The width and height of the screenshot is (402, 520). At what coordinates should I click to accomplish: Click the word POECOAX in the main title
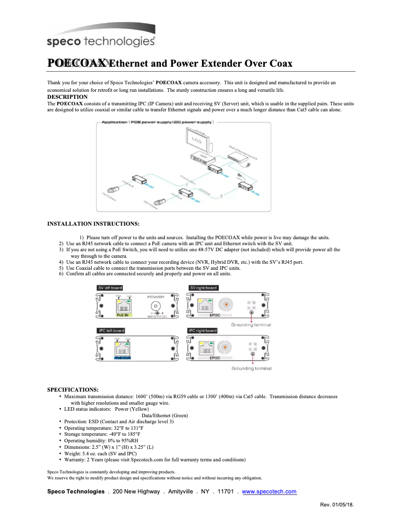point(77,63)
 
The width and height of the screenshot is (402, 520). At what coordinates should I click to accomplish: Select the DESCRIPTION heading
point(67,97)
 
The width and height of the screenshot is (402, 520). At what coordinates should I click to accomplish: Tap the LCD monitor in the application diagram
point(197,140)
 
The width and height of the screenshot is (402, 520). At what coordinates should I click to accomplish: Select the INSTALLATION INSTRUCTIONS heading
point(93,223)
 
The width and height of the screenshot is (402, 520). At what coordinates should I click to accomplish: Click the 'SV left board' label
point(110,288)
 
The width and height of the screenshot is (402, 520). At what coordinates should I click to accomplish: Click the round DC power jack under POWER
point(156,305)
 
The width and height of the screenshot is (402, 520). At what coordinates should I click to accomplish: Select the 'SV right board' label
point(203,288)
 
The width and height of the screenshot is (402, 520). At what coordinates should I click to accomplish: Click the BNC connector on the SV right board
point(227,304)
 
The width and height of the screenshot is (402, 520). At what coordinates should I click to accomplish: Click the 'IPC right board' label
point(203,330)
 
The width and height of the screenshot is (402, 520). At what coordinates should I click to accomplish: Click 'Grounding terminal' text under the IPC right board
point(251,369)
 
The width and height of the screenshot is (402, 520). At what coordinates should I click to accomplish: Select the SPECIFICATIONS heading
point(73,390)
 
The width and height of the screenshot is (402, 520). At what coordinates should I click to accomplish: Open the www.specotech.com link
point(269,492)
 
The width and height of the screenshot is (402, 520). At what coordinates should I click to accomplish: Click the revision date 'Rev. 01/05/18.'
point(337,504)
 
